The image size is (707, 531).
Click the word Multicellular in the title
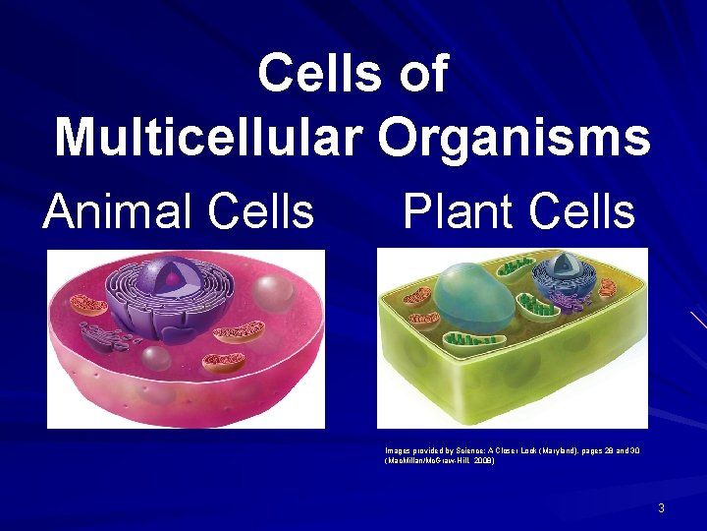pyautogui.click(x=210, y=137)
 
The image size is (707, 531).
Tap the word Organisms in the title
pyautogui.click(x=514, y=137)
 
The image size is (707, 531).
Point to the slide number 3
pyautogui.click(x=661, y=508)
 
